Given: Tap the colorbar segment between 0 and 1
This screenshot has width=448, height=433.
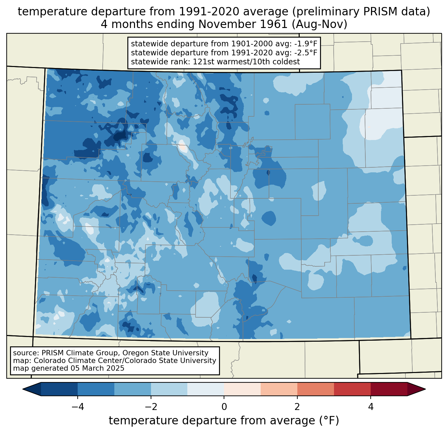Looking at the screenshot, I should click(x=242, y=389).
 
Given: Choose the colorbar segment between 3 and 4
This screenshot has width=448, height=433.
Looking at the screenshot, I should click(x=352, y=389).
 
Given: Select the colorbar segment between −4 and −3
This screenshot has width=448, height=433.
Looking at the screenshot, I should click(x=96, y=389).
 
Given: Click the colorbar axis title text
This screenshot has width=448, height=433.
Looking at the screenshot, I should click(x=224, y=421).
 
